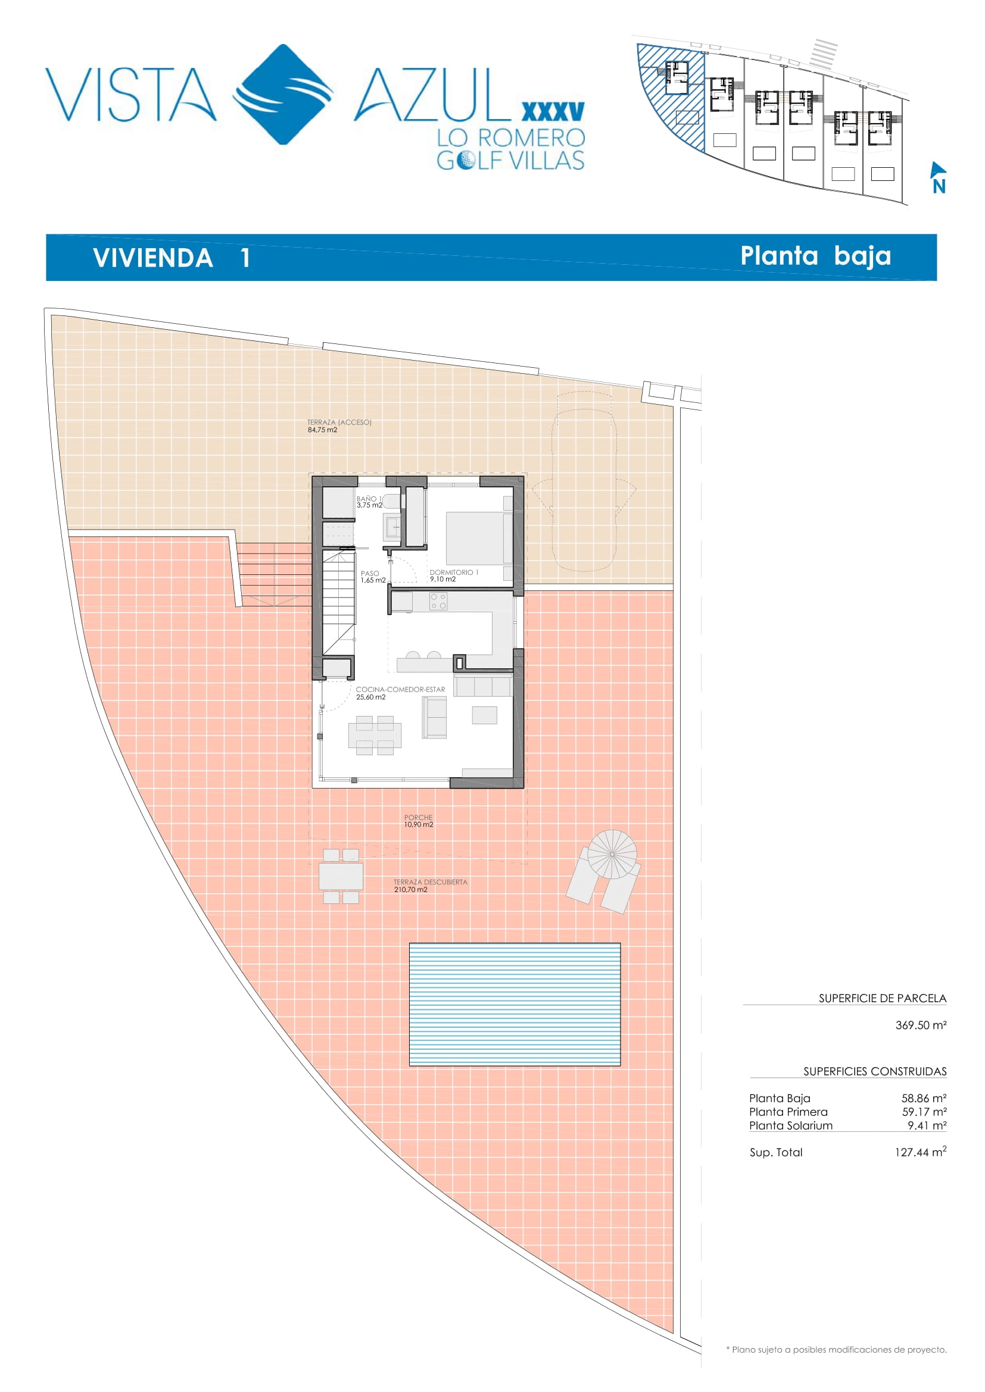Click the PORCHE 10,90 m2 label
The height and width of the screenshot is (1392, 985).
pos(419,821)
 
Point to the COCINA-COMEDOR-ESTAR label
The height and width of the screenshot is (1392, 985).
pos(400,689)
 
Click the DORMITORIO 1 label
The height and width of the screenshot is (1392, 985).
pos(454,573)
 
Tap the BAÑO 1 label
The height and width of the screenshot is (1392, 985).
pos(369,498)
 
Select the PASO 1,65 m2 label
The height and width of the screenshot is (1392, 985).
pos(372,577)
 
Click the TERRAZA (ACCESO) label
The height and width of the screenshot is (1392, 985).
pos(339,422)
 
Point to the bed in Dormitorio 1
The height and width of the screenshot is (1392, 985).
pos(479,539)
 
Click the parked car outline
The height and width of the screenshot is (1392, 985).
pos(584,481)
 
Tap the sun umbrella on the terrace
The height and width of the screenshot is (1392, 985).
pos(612,854)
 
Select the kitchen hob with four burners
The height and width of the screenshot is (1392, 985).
pos(438,602)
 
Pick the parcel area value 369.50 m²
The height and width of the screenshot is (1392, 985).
pos(921,1025)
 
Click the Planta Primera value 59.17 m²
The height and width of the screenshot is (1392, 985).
pos(924,1112)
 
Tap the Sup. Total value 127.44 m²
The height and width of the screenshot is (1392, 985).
pos(920,1152)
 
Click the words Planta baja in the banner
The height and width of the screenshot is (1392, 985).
pos(816,256)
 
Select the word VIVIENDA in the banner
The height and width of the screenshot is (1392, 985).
pos(153,258)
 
